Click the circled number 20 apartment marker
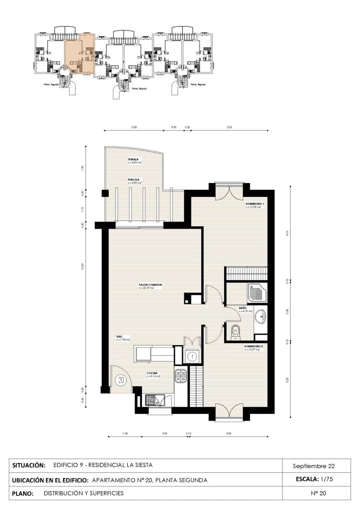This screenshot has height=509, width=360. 121,380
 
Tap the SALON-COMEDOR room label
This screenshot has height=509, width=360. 150,285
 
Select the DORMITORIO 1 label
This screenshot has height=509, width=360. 255,204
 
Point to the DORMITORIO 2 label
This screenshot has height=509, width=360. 254,347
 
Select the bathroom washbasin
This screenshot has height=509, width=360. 261,316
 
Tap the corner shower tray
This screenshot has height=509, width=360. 257,293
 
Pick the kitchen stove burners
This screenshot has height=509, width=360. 181,375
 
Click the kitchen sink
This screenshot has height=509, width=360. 152,399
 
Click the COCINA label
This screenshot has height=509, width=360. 152,373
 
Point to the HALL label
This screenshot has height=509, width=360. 119,336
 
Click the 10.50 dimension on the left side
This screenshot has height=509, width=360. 82,266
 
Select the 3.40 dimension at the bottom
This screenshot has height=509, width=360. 228,433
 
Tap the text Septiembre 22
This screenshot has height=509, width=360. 314,466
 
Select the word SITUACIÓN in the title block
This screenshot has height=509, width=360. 28,465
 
